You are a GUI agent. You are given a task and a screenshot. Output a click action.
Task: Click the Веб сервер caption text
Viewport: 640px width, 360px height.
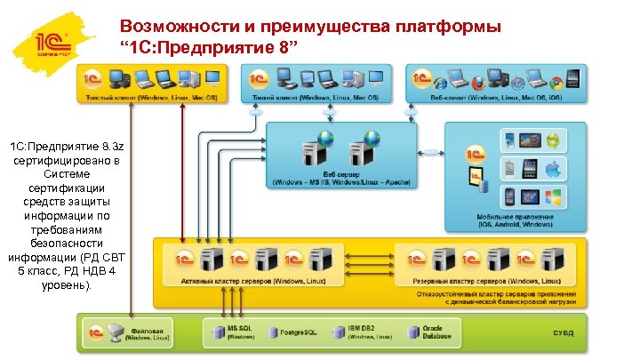point(341,175)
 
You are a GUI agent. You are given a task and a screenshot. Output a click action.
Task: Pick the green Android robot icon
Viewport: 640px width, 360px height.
point(551,140)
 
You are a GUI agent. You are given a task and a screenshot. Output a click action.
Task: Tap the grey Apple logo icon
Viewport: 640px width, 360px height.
point(551,168)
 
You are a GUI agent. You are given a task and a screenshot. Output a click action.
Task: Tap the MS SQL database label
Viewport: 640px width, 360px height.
point(239,328)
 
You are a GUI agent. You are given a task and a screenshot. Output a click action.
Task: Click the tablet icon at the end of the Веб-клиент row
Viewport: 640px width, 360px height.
point(573,79)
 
